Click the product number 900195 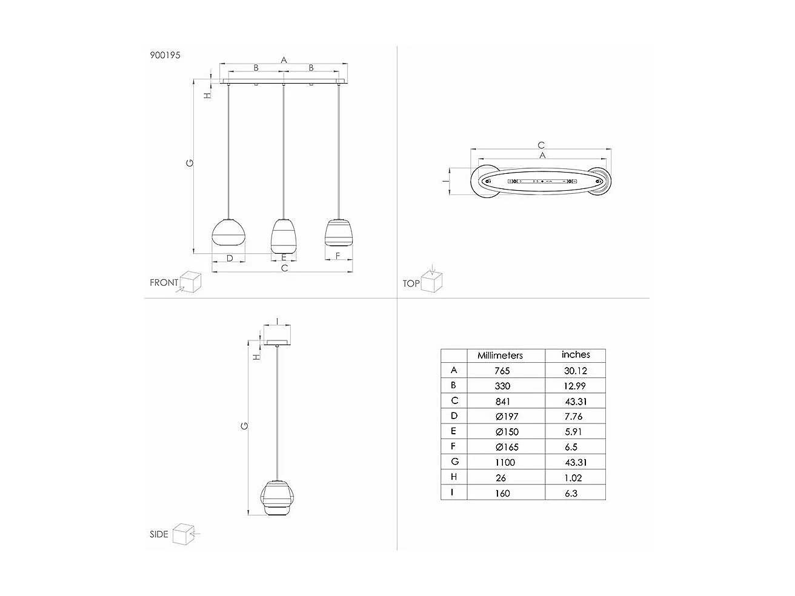165,55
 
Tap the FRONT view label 164,282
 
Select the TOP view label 411,283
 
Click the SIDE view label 159,534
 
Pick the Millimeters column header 500,356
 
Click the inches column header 575,355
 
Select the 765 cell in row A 502,371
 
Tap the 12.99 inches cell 575,386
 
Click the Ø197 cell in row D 506,416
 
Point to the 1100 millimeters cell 504,462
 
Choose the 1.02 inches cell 573,477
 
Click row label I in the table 453,492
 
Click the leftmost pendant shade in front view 228,231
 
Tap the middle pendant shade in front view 283,235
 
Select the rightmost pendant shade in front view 338,232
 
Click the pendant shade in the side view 278,498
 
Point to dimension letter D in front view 230,259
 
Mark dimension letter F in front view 338,256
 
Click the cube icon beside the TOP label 432,281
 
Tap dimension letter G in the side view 244,426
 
